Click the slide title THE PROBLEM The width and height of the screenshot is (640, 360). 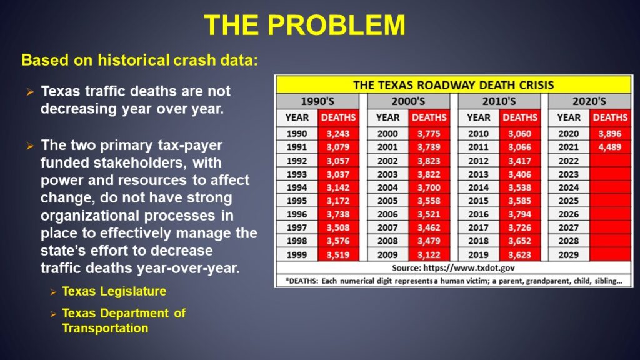point(304,25)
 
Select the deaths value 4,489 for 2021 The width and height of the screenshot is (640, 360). point(610,147)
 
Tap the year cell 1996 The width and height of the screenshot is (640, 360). point(297,214)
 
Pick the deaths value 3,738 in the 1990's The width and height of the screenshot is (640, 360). point(338,214)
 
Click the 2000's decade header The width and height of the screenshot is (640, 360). point(408,101)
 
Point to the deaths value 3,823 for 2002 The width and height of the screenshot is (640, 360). point(429,161)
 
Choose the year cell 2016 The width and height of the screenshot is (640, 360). point(478,214)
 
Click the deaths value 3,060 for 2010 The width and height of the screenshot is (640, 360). point(519,134)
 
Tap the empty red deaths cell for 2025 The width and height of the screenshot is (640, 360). point(610,201)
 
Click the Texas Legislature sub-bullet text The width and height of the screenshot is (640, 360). point(114,291)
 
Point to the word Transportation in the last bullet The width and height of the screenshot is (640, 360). point(105,328)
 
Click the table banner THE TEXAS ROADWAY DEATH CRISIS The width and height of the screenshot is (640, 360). point(454,85)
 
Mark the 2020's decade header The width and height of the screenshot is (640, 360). point(589,101)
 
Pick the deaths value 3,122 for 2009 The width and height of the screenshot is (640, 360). point(429,255)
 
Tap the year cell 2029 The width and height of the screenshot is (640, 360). point(569,255)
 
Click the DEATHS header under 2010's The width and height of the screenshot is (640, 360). point(519,117)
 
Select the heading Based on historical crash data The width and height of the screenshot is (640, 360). point(139,60)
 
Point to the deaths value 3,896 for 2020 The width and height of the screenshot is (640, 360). point(610,134)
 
